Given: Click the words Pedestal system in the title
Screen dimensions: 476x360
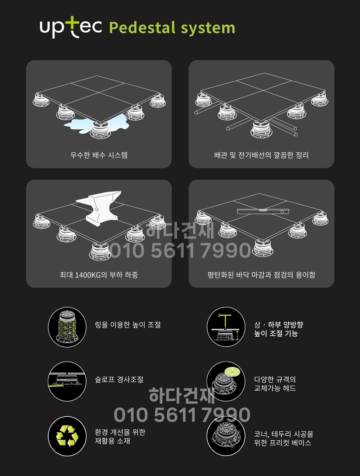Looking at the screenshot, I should (x=172, y=28).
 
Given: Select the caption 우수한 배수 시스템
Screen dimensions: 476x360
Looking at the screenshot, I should (x=99, y=155).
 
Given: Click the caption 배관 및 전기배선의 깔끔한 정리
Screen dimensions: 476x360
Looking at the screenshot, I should (x=261, y=155).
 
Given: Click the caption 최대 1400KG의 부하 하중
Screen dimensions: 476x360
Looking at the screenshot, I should (x=99, y=275).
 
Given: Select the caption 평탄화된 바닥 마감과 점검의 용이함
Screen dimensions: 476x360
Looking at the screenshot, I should (x=261, y=275).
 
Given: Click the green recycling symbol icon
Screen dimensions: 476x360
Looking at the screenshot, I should (x=67, y=436).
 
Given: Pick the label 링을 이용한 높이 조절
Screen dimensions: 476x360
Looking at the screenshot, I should (x=128, y=325).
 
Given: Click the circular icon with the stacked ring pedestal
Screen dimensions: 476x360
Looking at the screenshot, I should (x=67, y=327).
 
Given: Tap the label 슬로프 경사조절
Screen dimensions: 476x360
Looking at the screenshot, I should (x=119, y=380).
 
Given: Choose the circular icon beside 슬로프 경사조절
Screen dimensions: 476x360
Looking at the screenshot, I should (x=67, y=381).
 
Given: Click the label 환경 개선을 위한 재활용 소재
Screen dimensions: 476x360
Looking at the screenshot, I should (x=120, y=436).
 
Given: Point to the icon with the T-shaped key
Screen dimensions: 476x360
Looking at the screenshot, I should (x=226, y=327).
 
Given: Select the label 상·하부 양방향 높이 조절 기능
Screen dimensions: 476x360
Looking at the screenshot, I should (x=279, y=329).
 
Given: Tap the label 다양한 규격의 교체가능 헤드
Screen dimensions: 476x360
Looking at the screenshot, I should (x=275, y=384).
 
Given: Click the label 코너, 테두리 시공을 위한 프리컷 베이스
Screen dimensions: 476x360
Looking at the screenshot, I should (x=284, y=439).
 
